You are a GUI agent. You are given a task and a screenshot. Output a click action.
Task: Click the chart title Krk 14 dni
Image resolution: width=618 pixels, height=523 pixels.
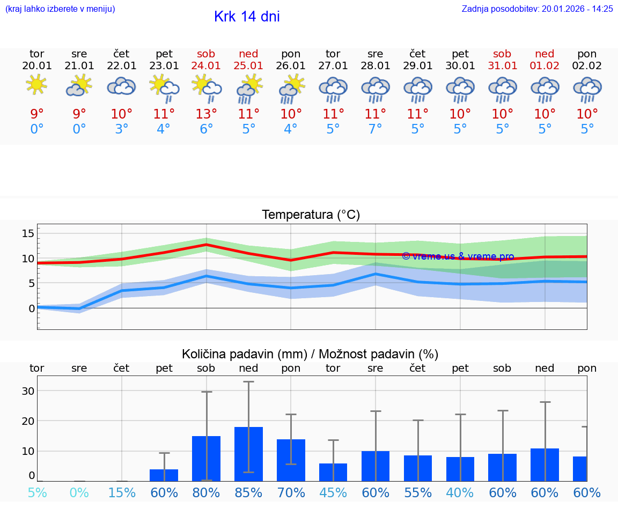[x=247, y=17]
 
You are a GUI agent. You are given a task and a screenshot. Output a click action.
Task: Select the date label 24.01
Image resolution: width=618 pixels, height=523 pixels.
[x=206, y=65]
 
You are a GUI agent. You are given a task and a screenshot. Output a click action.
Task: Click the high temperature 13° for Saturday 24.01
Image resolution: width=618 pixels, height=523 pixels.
[x=206, y=114]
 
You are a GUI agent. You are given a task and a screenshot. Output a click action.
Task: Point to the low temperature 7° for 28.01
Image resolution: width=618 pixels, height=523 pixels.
[x=375, y=129]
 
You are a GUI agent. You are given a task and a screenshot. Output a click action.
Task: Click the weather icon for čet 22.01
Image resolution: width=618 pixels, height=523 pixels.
[x=121, y=86]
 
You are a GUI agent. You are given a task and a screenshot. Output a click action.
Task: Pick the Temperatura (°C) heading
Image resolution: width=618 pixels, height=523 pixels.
[x=311, y=215]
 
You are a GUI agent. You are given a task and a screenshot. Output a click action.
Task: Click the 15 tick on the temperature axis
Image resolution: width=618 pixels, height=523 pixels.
[x=28, y=233]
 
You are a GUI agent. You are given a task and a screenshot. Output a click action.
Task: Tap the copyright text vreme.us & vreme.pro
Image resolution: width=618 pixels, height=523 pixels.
[x=458, y=256]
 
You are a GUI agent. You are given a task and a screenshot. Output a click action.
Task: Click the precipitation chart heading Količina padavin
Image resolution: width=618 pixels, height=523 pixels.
[x=310, y=354]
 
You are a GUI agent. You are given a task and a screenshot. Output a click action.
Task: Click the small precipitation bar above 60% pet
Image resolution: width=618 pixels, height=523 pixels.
[x=164, y=475]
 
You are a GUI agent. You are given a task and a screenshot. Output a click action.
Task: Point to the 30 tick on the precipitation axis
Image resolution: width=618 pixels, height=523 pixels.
[x=28, y=391]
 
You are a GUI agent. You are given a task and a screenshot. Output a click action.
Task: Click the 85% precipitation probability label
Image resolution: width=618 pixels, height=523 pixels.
[x=248, y=493]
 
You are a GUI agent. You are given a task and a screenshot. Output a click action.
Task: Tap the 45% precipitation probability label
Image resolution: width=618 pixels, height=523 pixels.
[x=333, y=493]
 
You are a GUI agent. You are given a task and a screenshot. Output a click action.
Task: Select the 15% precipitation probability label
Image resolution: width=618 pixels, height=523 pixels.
[x=122, y=493]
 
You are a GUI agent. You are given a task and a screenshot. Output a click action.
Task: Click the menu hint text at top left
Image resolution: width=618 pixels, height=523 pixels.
[x=60, y=9]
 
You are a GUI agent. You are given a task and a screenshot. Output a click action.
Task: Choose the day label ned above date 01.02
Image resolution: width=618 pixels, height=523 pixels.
[x=545, y=54]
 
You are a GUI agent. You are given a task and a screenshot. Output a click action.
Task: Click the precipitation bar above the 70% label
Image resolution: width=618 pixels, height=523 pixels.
[x=291, y=460]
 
